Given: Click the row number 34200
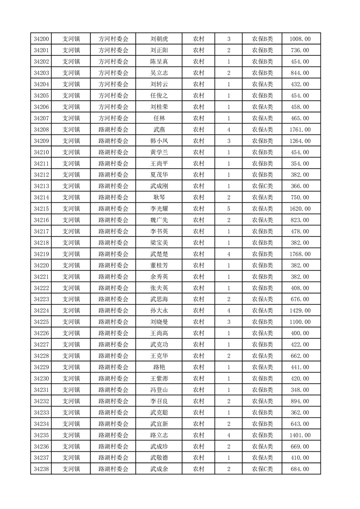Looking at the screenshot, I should pyautogui.click(x=41, y=39).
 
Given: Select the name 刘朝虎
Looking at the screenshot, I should pyautogui.click(x=159, y=39).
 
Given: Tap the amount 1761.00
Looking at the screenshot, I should pyautogui.click(x=300, y=130).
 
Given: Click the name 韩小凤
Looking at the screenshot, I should pyautogui.click(x=159, y=141).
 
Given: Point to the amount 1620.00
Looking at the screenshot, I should pyautogui.click(x=300, y=209).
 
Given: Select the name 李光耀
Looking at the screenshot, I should pyautogui.click(x=159, y=209).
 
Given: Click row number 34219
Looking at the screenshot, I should pyautogui.click(x=41, y=254).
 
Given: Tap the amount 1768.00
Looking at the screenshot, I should pyautogui.click(x=300, y=254).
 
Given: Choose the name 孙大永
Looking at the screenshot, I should pyautogui.click(x=159, y=311).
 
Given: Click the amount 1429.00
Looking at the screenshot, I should pyautogui.click(x=300, y=311).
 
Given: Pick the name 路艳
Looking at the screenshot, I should pyautogui.click(x=159, y=367).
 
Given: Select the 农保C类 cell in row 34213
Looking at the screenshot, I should pyautogui.click(x=262, y=186).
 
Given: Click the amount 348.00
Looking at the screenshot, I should pyautogui.click(x=300, y=390).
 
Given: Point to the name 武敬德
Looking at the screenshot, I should pyautogui.click(x=159, y=458).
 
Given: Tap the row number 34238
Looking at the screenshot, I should pyautogui.click(x=41, y=469).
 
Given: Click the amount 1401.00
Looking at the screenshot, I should pyautogui.click(x=300, y=435).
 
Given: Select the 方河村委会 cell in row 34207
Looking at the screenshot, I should pyautogui.click(x=113, y=118).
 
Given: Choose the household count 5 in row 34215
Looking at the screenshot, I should pyautogui.click(x=228, y=209).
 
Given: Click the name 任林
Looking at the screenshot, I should pyautogui.click(x=159, y=118).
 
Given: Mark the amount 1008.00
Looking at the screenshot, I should pyautogui.click(x=300, y=39).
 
